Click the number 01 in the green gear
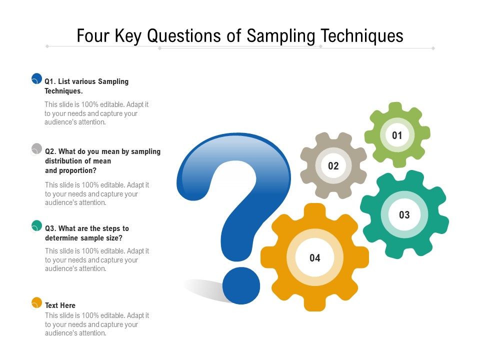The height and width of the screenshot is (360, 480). point(397,135)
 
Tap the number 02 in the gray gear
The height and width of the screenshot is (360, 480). point(333,166)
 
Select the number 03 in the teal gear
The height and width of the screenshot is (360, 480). point(404,215)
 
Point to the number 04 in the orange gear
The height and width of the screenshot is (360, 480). point(315,258)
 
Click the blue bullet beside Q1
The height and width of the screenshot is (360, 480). point(36,78)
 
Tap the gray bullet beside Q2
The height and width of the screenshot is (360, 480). point(36,148)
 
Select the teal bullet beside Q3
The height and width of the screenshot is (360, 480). point(36,225)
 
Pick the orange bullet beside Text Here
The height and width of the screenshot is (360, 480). point(36,302)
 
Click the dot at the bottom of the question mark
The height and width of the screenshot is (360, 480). point(241,285)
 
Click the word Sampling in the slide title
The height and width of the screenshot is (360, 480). point(280,36)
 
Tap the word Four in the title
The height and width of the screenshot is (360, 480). point(93,35)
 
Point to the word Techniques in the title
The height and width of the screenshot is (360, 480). point(362,35)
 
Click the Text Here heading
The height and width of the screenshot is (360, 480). point(60,305)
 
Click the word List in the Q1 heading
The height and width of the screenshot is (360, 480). point(63,81)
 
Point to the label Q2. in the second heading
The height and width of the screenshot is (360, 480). point(50,151)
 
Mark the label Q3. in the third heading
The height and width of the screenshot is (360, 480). point(50,228)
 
